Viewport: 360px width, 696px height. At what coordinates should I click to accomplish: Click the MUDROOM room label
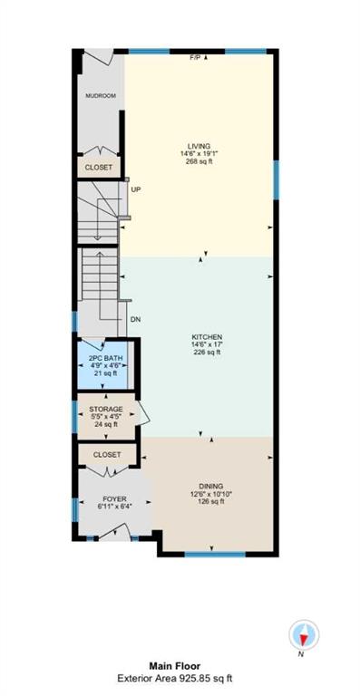click(x=101, y=95)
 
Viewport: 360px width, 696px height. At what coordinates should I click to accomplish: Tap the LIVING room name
click(x=199, y=146)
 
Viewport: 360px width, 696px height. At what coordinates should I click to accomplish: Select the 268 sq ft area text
click(x=199, y=161)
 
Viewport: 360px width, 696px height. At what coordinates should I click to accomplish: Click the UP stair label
click(x=136, y=189)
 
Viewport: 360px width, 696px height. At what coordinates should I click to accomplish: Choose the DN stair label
click(x=136, y=319)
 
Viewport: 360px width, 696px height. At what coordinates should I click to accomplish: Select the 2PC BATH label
click(x=106, y=358)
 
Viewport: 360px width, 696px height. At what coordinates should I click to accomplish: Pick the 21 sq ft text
click(x=106, y=373)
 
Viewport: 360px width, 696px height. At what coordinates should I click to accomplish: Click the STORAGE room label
click(x=106, y=409)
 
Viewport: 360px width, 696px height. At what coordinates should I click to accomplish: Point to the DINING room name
click(x=211, y=486)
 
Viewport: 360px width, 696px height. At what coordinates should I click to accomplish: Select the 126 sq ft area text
click(x=211, y=501)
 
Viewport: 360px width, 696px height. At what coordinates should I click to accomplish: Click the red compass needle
click(x=303, y=640)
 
